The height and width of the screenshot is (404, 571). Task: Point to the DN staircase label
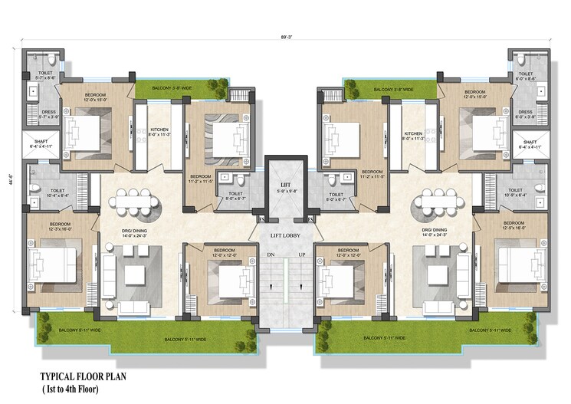coord(271,254)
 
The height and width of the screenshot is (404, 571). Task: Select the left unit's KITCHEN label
coord(159,129)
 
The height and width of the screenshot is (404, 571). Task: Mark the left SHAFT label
coord(38,141)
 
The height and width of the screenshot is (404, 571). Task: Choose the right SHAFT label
coord(530,142)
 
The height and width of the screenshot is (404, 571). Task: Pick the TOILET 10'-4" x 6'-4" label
coord(43,192)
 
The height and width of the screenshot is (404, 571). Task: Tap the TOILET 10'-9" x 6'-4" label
coord(515,192)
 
